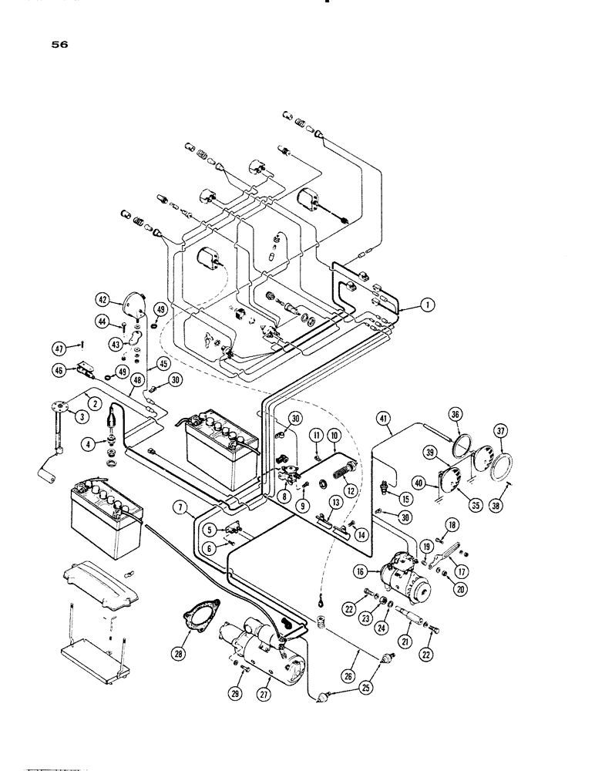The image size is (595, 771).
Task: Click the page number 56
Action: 59,45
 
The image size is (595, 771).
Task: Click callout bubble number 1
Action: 426,306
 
